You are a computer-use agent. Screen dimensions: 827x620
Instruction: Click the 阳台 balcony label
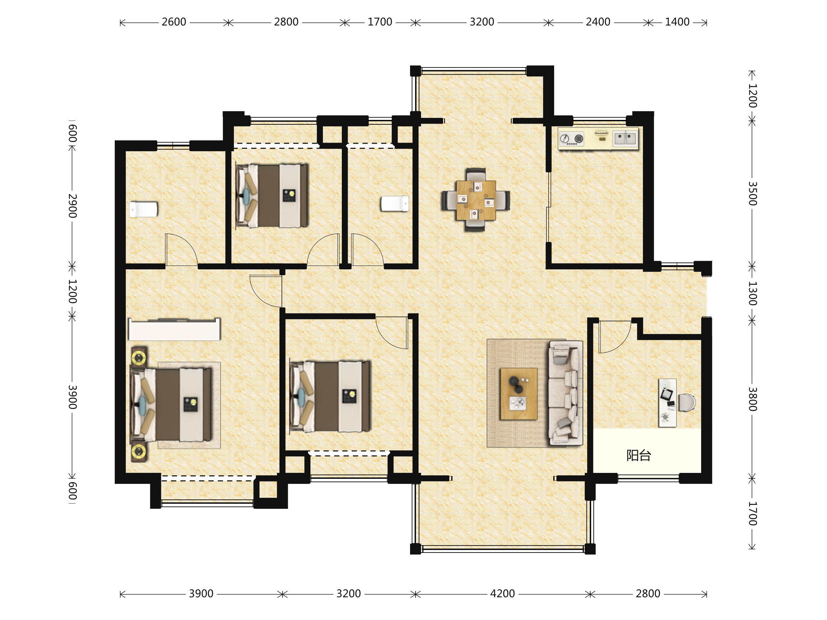click(639, 455)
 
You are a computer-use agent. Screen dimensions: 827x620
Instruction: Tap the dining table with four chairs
click(476, 200)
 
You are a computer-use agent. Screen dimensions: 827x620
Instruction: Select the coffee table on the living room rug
click(519, 393)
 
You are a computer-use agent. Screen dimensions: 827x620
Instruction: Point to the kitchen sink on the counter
click(625, 138)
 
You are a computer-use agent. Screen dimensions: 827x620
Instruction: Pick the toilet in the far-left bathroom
click(143, 210)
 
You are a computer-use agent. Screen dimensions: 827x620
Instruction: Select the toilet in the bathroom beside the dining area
click(395, 204)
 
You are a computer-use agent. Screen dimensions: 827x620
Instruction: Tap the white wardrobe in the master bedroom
click(174, 329)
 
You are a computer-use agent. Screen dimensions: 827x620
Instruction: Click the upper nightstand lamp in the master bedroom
click(138, 358)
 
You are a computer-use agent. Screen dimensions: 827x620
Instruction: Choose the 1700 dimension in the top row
click(380, 22)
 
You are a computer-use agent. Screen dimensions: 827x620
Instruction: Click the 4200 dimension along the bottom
click(502, 593)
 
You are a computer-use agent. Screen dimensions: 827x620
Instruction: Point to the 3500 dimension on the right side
click(752, 194)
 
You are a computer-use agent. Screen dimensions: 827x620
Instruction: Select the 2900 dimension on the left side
click(72, 206)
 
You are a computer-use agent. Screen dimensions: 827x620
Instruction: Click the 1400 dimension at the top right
click(677, 22)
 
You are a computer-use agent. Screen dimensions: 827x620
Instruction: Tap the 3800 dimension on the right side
click(752, 399)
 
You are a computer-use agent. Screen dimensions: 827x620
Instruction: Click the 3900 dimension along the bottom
click(201, 593)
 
